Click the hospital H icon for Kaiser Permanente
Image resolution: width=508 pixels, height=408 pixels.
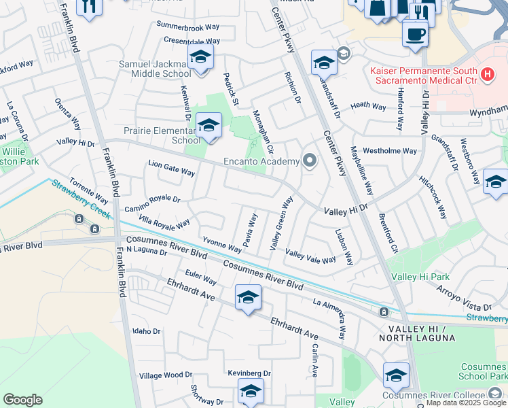point(486,75)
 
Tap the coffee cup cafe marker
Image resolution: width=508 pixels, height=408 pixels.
point(415,33)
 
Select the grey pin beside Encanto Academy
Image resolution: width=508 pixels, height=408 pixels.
point(310,161)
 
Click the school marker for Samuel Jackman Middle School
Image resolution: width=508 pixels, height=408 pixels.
point(200,58)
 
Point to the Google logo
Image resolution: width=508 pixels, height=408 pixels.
point(22,399)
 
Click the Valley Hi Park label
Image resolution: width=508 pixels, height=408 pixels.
point(420,277)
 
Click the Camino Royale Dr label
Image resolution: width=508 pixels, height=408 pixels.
point(152,201)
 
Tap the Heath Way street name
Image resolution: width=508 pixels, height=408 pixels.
point(369,106)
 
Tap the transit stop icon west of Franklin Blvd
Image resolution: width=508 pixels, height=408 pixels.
point(79,219)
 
